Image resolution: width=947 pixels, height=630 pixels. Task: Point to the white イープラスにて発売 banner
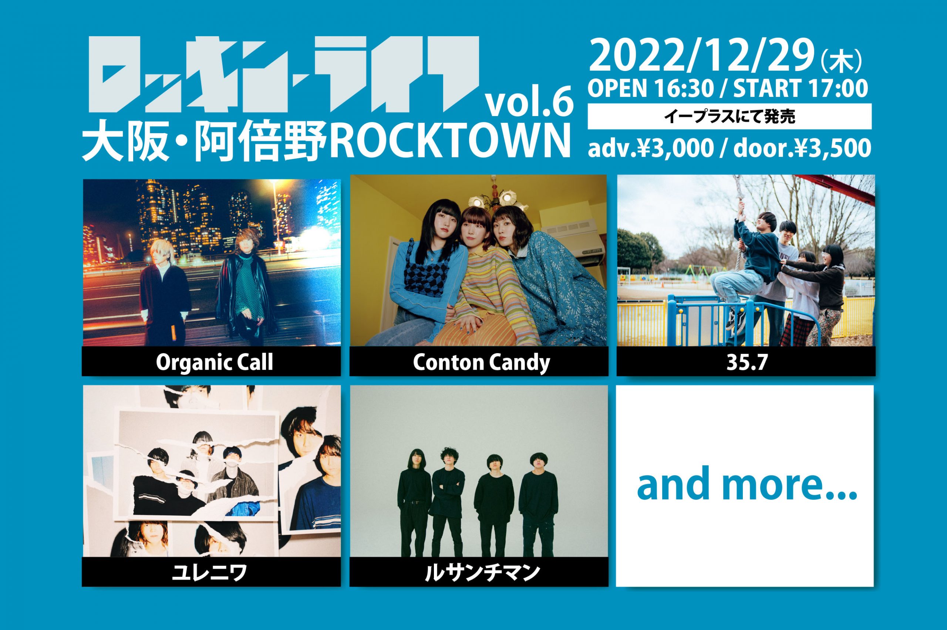tap(729, 116)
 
